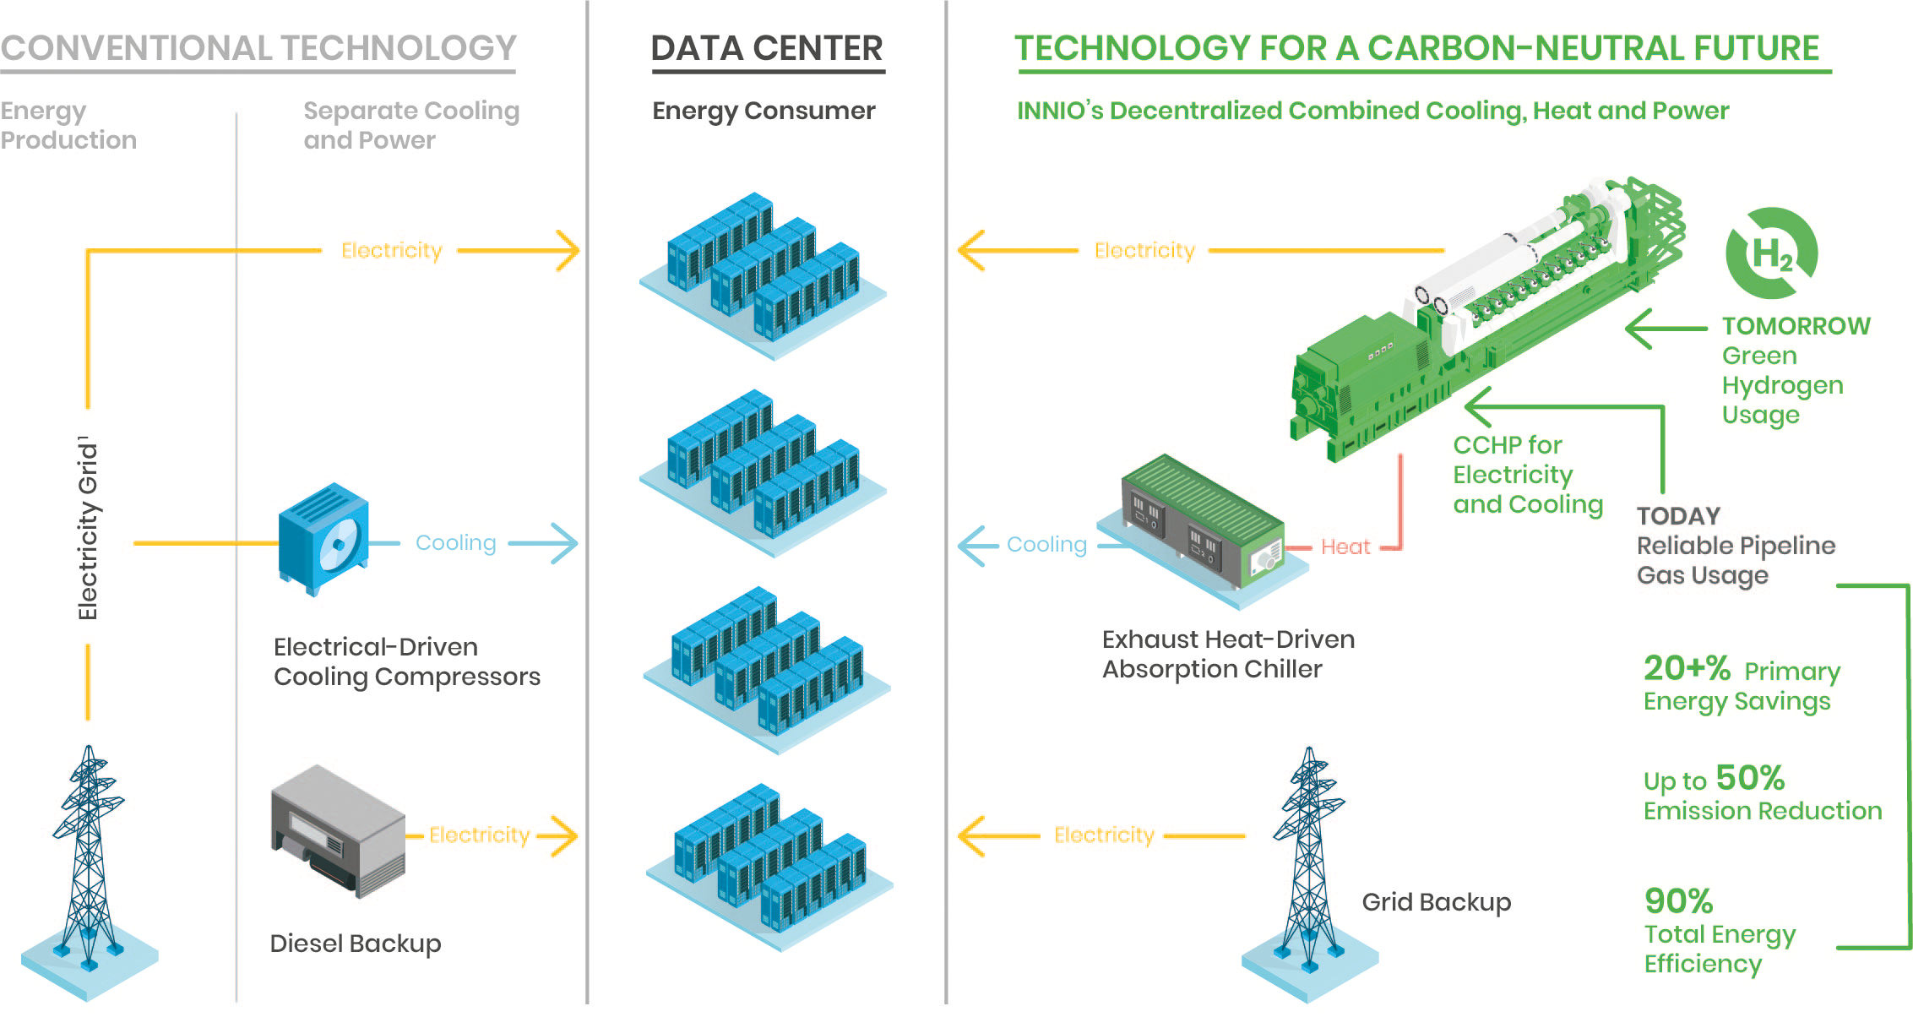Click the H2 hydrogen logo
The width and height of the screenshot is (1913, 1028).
(1771, 253)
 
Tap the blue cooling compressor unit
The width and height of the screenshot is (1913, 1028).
(323, 538)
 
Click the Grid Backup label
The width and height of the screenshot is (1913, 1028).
(1436, 902)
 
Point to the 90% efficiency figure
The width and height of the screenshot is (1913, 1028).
(1678, 901)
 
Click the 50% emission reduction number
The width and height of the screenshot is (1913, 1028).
(1749, 778)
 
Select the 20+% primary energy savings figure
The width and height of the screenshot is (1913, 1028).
(1687, 668)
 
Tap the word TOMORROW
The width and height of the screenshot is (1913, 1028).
(1796, 326)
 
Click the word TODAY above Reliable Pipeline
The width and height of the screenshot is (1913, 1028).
(1678, 516)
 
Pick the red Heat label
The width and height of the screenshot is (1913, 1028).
(1345, 547)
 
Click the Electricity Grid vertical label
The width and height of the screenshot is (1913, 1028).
(88, 528)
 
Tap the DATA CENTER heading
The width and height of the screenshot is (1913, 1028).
(767, 48)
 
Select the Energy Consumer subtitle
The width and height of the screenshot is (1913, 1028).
(764, 111)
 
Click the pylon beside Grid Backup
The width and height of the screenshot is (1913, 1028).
(1308, 862)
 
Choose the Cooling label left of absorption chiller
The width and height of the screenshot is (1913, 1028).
(1046, 545)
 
